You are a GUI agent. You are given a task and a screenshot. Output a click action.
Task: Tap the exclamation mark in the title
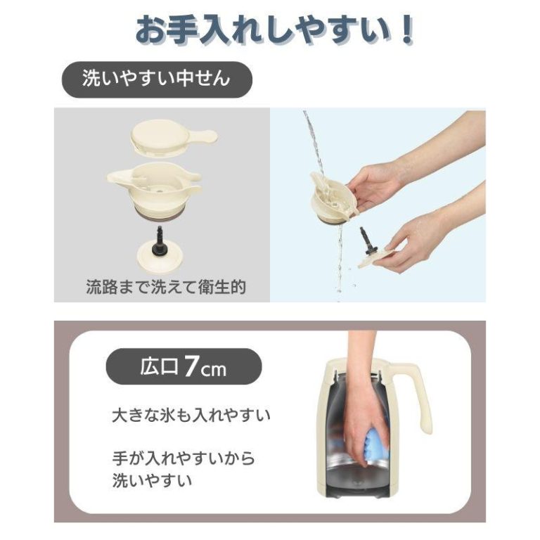(406, 30)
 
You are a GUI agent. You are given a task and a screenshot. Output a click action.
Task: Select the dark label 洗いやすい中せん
(157, 79)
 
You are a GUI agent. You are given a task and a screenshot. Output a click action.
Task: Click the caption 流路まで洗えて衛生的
(166, 287)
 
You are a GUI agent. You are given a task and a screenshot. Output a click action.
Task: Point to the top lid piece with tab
(173, 137)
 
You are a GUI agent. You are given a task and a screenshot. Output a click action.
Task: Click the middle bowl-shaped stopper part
(154, 188)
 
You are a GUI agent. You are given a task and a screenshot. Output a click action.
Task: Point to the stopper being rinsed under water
(331, 198)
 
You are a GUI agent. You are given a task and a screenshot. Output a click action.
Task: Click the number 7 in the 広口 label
(191, 367)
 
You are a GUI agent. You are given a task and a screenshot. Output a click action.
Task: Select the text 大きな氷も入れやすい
(191, 416)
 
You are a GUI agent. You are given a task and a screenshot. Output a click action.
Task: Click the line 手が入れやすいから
(184, 458)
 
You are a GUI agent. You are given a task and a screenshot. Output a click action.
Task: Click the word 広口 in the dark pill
(159, 367)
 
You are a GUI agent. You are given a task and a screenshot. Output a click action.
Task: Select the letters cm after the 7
(214, 371)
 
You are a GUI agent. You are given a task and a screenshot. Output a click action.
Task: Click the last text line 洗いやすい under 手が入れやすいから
(152, 480)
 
